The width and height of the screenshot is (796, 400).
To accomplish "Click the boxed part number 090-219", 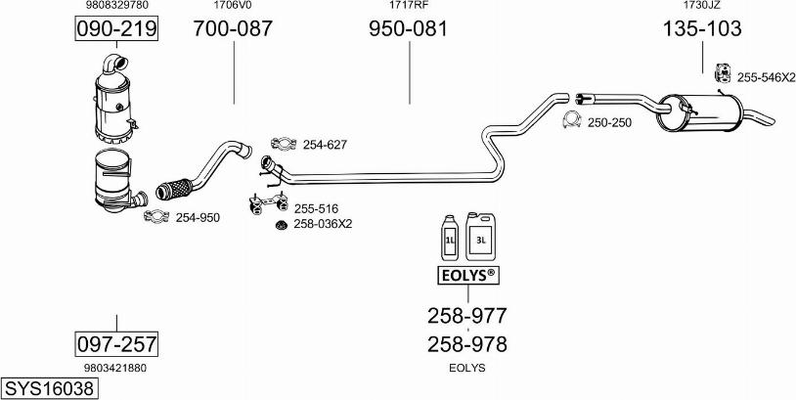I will point(116,29).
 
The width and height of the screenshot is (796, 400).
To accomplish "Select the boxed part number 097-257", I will point(116,344).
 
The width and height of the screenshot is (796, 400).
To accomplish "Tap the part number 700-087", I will point(233,29).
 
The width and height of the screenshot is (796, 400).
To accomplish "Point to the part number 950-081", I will point(408,29).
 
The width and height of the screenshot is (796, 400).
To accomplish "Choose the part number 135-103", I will point(702,29).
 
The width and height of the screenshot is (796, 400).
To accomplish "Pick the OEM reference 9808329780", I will point(116,6).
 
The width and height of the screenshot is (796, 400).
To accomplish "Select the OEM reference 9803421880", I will point(115,369).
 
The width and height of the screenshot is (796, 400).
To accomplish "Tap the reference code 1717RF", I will point(408,6).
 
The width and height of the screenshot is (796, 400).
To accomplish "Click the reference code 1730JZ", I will point(702,6).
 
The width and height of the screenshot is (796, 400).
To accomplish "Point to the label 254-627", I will point(325,145).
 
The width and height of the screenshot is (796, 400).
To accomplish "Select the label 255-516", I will point(316,208).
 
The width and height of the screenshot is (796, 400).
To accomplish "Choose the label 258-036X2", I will point(323,224).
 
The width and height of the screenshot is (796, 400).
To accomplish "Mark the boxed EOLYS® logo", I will point(466,276).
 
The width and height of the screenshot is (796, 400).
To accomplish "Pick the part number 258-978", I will point(466,344).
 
